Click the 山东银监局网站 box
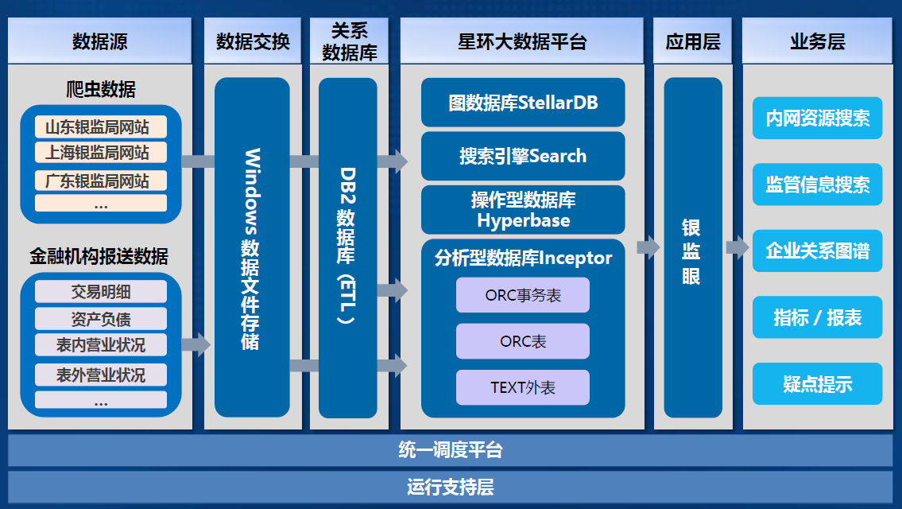click(x=101, y=126)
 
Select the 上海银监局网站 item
click(x=101, y=153)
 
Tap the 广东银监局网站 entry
click(x=101, y=181)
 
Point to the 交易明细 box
click(x=101, y=292)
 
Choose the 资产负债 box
click(x=101, y=318)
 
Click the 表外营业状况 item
click(x=101, y=375)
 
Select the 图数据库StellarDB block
click(x=523, y=103)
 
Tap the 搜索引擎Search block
click(x=523, y=156)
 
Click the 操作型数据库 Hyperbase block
click(x=523, y=210)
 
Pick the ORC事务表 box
click(x=523, y=295)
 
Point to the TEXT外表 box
click(x=523, y=387)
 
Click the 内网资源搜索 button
click(x=818, y=118)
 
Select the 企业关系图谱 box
click(x=818, y=251)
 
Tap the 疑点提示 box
click(x=818, y=384)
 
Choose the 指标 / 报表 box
click(x=818, y=317)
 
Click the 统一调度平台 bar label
click(x=451, y=449)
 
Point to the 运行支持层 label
click(x=451, y=487)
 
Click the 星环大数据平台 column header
click(x=522, y=41)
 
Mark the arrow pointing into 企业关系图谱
click(x=737, y=247)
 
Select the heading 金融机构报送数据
click(x=99, y=256)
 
